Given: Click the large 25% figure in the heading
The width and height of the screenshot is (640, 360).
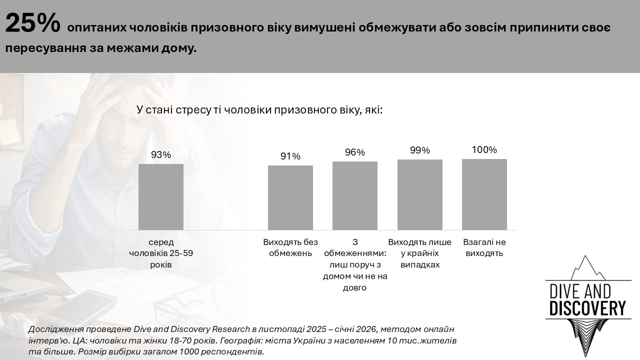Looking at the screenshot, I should [32, 24].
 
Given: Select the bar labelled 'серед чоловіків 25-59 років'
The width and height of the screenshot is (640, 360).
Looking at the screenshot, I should [160, 197].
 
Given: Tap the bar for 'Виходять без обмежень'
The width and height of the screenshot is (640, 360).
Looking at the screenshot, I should [290, 198].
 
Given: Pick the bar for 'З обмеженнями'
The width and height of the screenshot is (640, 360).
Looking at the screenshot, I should [354, 196].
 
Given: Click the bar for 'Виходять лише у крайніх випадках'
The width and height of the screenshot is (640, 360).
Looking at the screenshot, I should [419, 195].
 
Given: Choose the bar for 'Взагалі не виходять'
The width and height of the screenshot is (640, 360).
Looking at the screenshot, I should [484, 194].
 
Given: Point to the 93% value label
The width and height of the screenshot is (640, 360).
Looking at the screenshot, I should [160, 155].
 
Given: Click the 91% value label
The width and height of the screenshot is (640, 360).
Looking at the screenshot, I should [290, 156].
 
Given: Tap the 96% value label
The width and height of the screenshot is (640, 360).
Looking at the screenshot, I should [354, 152].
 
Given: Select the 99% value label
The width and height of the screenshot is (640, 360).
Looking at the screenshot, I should [419, 150].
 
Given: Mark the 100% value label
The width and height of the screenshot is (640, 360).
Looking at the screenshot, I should [484, 149].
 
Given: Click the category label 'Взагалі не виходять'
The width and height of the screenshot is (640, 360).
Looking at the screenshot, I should [484, 247].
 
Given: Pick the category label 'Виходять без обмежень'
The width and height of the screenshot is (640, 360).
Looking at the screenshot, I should [290, 247].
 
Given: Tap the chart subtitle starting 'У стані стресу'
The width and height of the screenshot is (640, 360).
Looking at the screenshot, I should [259, 110].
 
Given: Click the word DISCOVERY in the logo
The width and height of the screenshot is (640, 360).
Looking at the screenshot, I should [587, 308].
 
